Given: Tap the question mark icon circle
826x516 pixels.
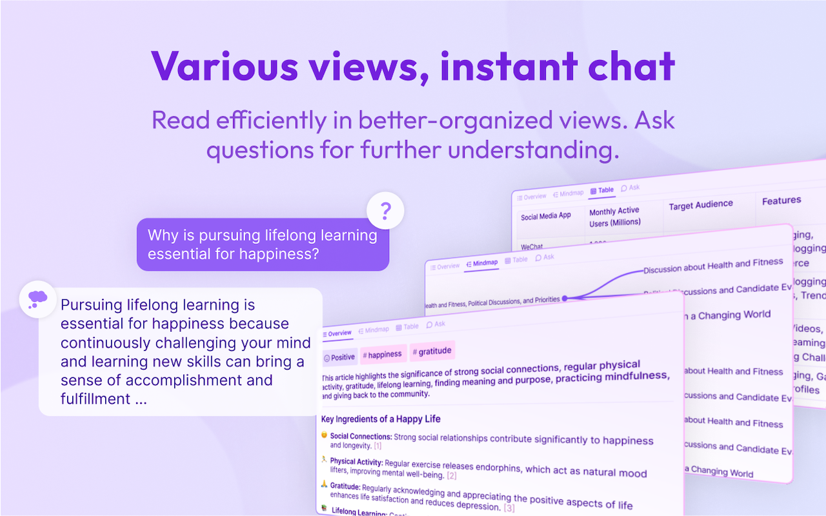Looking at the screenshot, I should [x=385, y=210].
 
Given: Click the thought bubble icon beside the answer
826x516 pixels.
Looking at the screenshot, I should [x=37, y=299].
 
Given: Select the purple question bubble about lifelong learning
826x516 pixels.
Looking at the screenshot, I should [x=263, y=244].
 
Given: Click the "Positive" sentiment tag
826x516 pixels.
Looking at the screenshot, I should [x=339, y=357].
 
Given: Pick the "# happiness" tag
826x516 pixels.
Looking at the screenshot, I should [x=382, y=354].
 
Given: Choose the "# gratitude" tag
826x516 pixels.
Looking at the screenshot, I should [x=432, y=352].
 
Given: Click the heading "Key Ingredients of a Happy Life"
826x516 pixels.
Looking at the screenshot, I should [x=381, y=419].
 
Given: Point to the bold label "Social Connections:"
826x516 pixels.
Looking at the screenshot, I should [x=361, y=437].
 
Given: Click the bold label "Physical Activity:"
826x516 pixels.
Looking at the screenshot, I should [x=356, y=462].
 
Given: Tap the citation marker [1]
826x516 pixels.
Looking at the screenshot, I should [x=378, y=446].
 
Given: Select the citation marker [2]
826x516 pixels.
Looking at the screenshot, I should [x=452, y=476].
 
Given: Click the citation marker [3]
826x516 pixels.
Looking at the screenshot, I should [x=509, y=508].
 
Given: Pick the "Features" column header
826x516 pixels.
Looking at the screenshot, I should [x=781, y=201].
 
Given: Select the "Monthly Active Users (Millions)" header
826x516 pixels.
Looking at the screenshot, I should [x=614, y=217].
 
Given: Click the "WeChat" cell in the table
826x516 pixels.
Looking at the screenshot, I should [x=532, y=246].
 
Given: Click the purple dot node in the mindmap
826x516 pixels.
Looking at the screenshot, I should [x=565, y=299].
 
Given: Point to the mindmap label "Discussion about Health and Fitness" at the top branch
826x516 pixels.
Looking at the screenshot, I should [x=713, y=265].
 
